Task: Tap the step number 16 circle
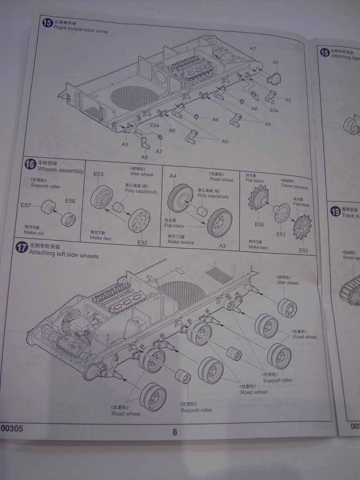tap(30, 165)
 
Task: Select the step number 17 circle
tap(22, 247)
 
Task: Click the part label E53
tap(98, 174)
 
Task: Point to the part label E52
tap(142, 242)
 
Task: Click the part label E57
tap(26, 205)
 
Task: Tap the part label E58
tap(70, 201)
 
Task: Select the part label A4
tap(173, 176)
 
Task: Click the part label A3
tap(222, 246)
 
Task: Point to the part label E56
tap(259, 225)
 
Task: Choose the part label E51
tap(281, 234)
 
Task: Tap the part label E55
tap(304, 251)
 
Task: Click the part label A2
tap(276, 62)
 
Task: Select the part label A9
tap(144, 157)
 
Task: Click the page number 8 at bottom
tap(175, 432)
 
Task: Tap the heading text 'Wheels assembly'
tap(60, 171)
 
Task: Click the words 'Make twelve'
tap(181, 242)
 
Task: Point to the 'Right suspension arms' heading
tap(81, 31)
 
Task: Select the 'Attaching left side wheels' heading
tap(64, 256)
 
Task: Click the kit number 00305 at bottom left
tap(12, 428)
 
